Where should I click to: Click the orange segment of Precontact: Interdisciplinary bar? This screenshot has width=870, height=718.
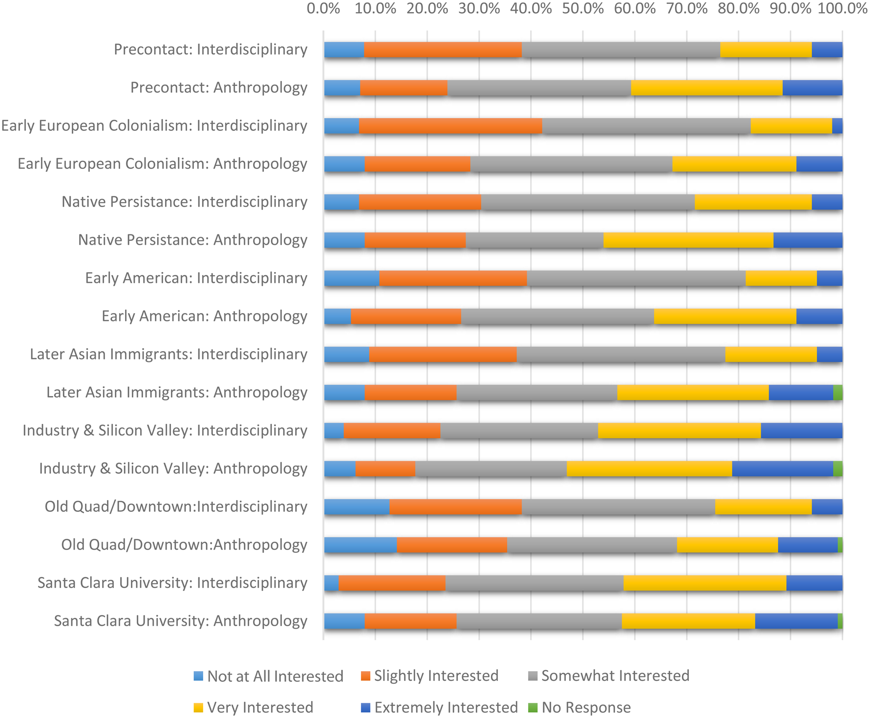[443, 50]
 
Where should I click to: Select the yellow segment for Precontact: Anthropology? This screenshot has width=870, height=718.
[706, 88]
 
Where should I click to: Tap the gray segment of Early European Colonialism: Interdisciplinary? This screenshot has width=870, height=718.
[646, 126]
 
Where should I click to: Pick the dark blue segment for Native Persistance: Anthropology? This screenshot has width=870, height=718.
[808, 240]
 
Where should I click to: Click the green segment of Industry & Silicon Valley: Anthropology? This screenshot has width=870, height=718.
[838, 469]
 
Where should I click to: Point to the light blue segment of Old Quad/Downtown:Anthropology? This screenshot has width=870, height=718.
[361, 545]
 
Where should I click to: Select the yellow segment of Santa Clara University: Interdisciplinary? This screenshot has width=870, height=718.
[705, 583]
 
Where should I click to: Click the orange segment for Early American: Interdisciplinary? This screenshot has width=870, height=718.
[453, 278]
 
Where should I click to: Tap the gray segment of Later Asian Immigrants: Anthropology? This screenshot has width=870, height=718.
[537, 393]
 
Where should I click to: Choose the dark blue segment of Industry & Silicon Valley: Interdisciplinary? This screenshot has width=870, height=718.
[802, 431]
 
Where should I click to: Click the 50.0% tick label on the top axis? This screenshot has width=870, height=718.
[583, 9]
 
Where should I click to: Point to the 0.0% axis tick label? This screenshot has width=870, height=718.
[323, 9]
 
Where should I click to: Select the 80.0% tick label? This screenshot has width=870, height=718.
[739, 9]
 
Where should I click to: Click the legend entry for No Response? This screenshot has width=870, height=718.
[580, 707]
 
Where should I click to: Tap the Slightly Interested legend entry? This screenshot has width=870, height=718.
[430, 676]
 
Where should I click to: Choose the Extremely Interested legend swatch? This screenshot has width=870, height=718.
[365, 707]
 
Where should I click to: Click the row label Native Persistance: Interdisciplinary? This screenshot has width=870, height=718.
[185, 202]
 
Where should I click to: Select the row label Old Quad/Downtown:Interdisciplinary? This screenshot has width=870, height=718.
[176, 507]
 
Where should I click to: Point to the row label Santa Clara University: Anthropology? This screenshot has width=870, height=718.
[181, 621]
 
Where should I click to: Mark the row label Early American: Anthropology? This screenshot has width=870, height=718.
[205, 316]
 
